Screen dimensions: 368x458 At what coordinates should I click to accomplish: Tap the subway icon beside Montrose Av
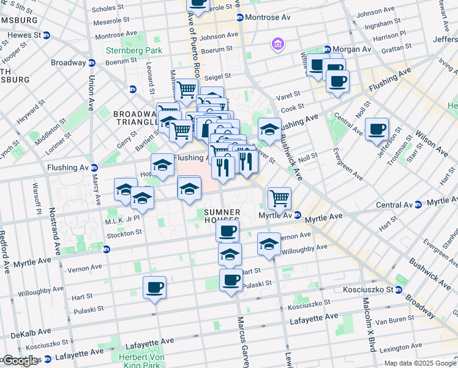tap(240, 18)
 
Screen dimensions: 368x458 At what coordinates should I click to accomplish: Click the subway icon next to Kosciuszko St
tap(398, 289)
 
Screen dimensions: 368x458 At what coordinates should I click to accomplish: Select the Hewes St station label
tap(24, 35)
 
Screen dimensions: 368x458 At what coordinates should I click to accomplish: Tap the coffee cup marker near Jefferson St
tap(377, 129)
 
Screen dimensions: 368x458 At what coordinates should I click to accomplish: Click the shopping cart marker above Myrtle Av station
tap(279, 198)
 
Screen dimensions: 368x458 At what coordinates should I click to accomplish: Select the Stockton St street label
tap(124, 232)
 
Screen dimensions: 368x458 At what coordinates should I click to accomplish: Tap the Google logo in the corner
tap(20, 361)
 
